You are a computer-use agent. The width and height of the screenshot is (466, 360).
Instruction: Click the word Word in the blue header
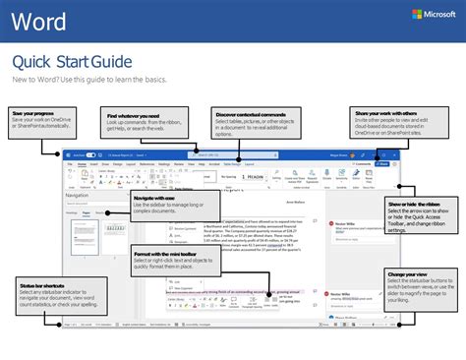pyautogui.click(x=45, y=23)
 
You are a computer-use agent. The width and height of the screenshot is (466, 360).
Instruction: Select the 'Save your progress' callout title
pyautogui.click(x=32, y=113)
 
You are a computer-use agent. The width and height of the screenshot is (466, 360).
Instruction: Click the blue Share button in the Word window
pyautogui.click(x=383, y=164)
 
